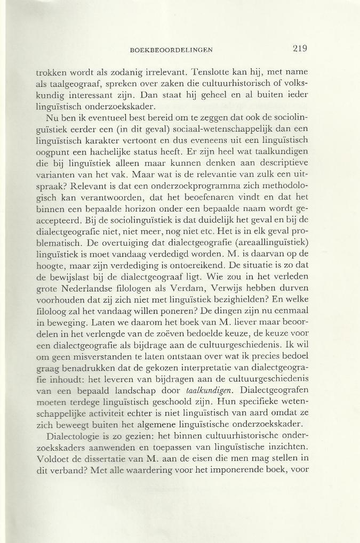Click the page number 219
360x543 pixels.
[300, 48]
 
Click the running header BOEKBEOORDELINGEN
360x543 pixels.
[171, 50]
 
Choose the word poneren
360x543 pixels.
[171, 331]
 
